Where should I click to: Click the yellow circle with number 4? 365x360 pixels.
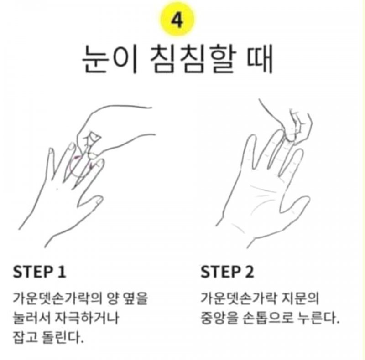coord(177,20)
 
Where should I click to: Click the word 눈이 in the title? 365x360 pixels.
coord(109,59)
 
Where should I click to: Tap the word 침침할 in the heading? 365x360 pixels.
coord(193,59)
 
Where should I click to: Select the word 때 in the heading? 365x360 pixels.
coord(260,59)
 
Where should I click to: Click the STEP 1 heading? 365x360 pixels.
coord(40,272)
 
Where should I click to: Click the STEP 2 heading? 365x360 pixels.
coord(227,272)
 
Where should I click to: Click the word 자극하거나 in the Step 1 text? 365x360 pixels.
coord(87,318)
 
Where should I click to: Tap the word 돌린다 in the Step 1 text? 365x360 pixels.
coord(63,337)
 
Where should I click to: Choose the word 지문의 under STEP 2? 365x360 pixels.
coord(300,298)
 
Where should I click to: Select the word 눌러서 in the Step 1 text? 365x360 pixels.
coord(31,318)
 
